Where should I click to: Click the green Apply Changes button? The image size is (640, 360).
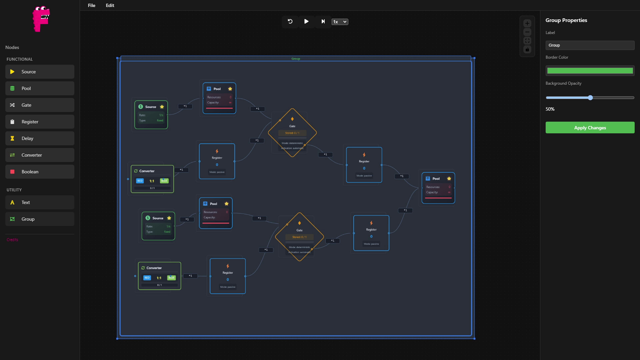(x=590, y=128)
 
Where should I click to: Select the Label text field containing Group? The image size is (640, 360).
(x=590, y=45)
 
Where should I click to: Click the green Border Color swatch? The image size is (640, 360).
(x=590, y=71)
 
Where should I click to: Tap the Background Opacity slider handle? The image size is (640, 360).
(x=590, y=98)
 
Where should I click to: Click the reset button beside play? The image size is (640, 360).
(x=290, y=22)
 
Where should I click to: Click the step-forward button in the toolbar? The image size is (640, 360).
(x=323, y=22)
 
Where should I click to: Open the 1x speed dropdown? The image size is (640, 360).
(x=340, y=22)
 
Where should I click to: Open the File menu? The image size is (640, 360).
(x=91, y=5)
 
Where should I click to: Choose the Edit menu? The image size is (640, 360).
(x=110, y=5)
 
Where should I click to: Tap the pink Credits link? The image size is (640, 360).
(x=12, y=240)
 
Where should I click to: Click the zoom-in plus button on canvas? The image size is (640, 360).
(x=527, y=23)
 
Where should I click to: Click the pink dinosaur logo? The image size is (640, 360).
(x=41, y=19)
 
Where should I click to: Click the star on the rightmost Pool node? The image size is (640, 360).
(x=449, y=179)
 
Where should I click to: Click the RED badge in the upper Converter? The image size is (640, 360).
(x=140, y=181)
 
